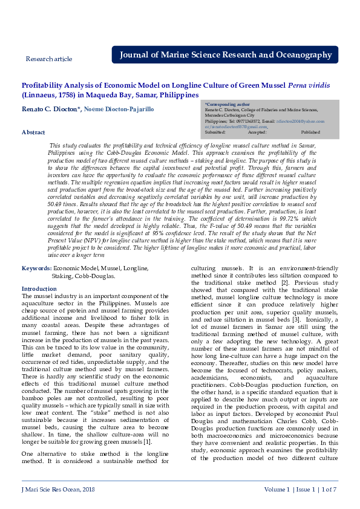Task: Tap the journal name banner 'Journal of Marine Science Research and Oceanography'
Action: pyautogui.click(x=225, y=55)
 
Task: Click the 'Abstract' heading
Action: pyautogui.click(x=33, y=132)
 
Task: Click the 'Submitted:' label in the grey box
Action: pyautogui.click(x=215, y=132)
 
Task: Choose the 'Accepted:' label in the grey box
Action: pyautogui.click(x=257, y=132)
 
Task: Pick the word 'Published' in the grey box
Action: pyautogui.click(x=310, y=132)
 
